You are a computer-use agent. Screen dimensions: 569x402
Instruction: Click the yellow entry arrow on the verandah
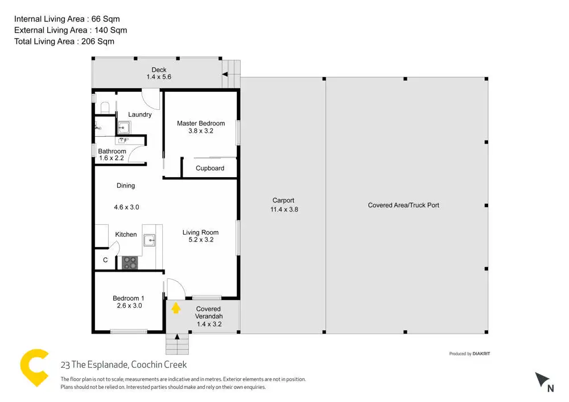click(x=176, y=308)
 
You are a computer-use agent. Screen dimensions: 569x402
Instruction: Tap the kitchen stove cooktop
click(x=130, y=263)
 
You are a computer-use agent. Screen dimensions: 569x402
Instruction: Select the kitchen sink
click(x=150, y=240)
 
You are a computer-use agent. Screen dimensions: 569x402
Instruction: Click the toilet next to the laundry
click(x=105, y=108)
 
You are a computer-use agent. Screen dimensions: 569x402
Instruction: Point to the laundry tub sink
click(x=123, y=128)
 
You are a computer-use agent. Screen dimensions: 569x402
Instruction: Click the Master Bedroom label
click(x=201, y=124)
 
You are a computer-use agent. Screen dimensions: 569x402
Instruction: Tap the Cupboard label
click(x=210, y=168)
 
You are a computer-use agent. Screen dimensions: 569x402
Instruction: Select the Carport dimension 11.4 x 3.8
click(x=284, y=210)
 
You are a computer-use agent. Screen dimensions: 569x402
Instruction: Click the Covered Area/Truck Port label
click(x=403, y=205)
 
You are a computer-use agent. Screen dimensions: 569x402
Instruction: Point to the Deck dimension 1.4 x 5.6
click(x=159, y=77)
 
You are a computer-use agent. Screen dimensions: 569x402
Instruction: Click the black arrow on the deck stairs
click(x=225, y=75)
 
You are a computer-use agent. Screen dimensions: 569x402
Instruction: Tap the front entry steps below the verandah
click(x=177, y=344)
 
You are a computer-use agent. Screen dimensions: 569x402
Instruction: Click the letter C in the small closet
click(x=105, y=260)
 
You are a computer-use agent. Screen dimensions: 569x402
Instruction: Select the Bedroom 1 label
click(x=129, y=298)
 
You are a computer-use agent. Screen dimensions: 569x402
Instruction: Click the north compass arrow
click(x=542, y=379)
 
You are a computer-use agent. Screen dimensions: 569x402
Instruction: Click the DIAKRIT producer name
click(x=481, y=354)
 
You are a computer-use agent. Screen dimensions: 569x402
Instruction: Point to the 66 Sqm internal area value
click(x=106, y=19)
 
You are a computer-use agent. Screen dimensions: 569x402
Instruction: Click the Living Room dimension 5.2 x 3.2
click(x=201, y=240)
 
